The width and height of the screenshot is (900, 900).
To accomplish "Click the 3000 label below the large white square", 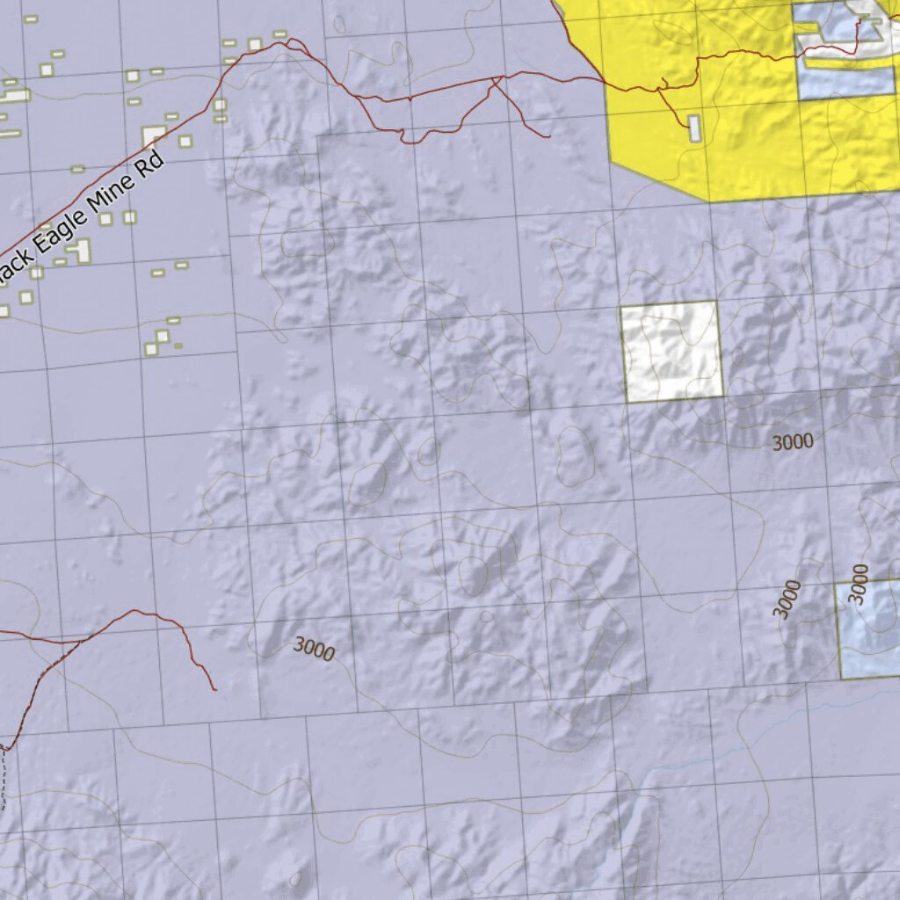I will (x=792, y=442).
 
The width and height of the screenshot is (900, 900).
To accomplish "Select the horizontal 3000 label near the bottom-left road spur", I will (x=314, y=649).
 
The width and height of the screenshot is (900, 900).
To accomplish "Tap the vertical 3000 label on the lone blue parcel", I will (x=860, y=584).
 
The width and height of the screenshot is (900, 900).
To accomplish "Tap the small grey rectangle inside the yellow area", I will (x=694, y=128).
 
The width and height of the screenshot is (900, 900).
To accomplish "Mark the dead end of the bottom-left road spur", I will (x=215, y=690).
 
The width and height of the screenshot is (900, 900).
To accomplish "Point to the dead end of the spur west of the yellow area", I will (x=548, y=136).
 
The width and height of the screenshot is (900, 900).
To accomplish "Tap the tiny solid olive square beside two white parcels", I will (x=178, y=345).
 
